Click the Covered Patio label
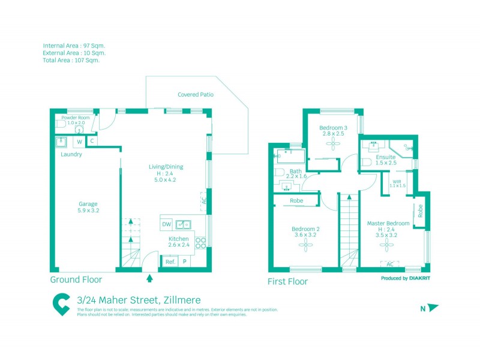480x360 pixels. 196,95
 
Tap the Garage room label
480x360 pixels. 88,203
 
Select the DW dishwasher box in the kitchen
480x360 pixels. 167,224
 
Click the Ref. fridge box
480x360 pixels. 170,262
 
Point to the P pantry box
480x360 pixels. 184,262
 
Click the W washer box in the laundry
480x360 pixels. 79,142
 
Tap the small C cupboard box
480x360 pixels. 91,141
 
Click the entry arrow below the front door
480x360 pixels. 149,278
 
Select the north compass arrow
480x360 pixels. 433,308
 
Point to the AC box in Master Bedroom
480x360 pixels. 389,264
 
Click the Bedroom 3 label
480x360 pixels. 333,128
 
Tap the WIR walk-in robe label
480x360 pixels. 397,181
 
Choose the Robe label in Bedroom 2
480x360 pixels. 296,200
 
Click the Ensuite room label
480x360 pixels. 386,157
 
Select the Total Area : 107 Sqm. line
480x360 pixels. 71,60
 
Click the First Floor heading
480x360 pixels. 288,281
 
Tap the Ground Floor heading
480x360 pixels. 76,280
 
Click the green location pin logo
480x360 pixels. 61,304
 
